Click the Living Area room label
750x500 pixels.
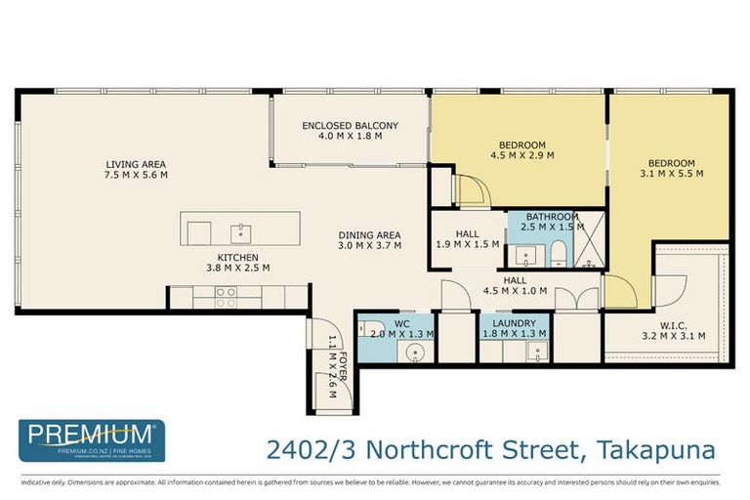[137, 164]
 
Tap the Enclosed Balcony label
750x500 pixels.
[350, 125]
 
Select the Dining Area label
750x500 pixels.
[370, 234]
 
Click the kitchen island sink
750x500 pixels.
[240, 232]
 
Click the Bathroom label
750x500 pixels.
[552, 217]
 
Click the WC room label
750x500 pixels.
[401, 321]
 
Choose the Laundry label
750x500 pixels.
[514, 321]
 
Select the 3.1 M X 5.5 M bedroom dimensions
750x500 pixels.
[672, 176]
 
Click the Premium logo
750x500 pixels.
[92, 439]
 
